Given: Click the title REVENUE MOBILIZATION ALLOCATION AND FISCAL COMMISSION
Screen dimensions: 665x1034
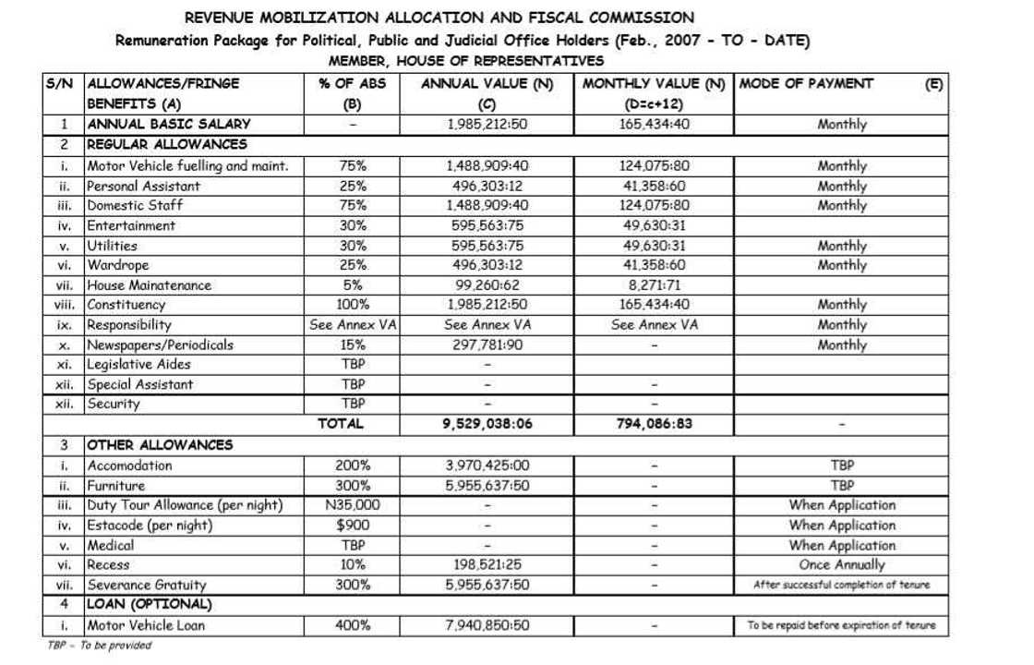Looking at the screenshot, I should (x=439, y=18).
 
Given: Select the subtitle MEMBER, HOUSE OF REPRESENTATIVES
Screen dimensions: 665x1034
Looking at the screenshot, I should (x=466, y=61).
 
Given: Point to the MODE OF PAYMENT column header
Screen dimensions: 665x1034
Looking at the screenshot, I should (x=806, y=84).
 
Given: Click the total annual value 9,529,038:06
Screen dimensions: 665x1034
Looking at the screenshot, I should (x=487, y=425).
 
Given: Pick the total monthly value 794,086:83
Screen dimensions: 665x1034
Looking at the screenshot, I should (x=654, y=425).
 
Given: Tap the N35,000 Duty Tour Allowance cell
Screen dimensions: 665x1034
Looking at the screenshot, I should (x=352, y=505).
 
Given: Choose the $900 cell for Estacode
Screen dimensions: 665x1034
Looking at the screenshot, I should (x=352, y=526).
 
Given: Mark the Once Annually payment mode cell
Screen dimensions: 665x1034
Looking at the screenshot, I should (x=841, y=564).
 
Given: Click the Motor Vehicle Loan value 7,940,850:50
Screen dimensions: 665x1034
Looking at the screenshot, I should (x=487, y=625).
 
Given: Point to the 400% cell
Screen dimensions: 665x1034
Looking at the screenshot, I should (x=352, y=625).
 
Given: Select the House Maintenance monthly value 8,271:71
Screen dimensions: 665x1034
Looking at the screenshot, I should (x=654, y=285).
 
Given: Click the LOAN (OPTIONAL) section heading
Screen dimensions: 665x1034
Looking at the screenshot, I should (x=149, y=605).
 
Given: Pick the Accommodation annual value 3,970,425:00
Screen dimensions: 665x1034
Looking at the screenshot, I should (x=487, y=465).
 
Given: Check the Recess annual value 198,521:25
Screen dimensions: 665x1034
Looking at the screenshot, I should (x=487, y=564).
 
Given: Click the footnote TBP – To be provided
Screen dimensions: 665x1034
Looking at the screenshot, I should (x=99, y=646).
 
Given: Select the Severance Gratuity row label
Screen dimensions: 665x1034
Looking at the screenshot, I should (x=147, y=585).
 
